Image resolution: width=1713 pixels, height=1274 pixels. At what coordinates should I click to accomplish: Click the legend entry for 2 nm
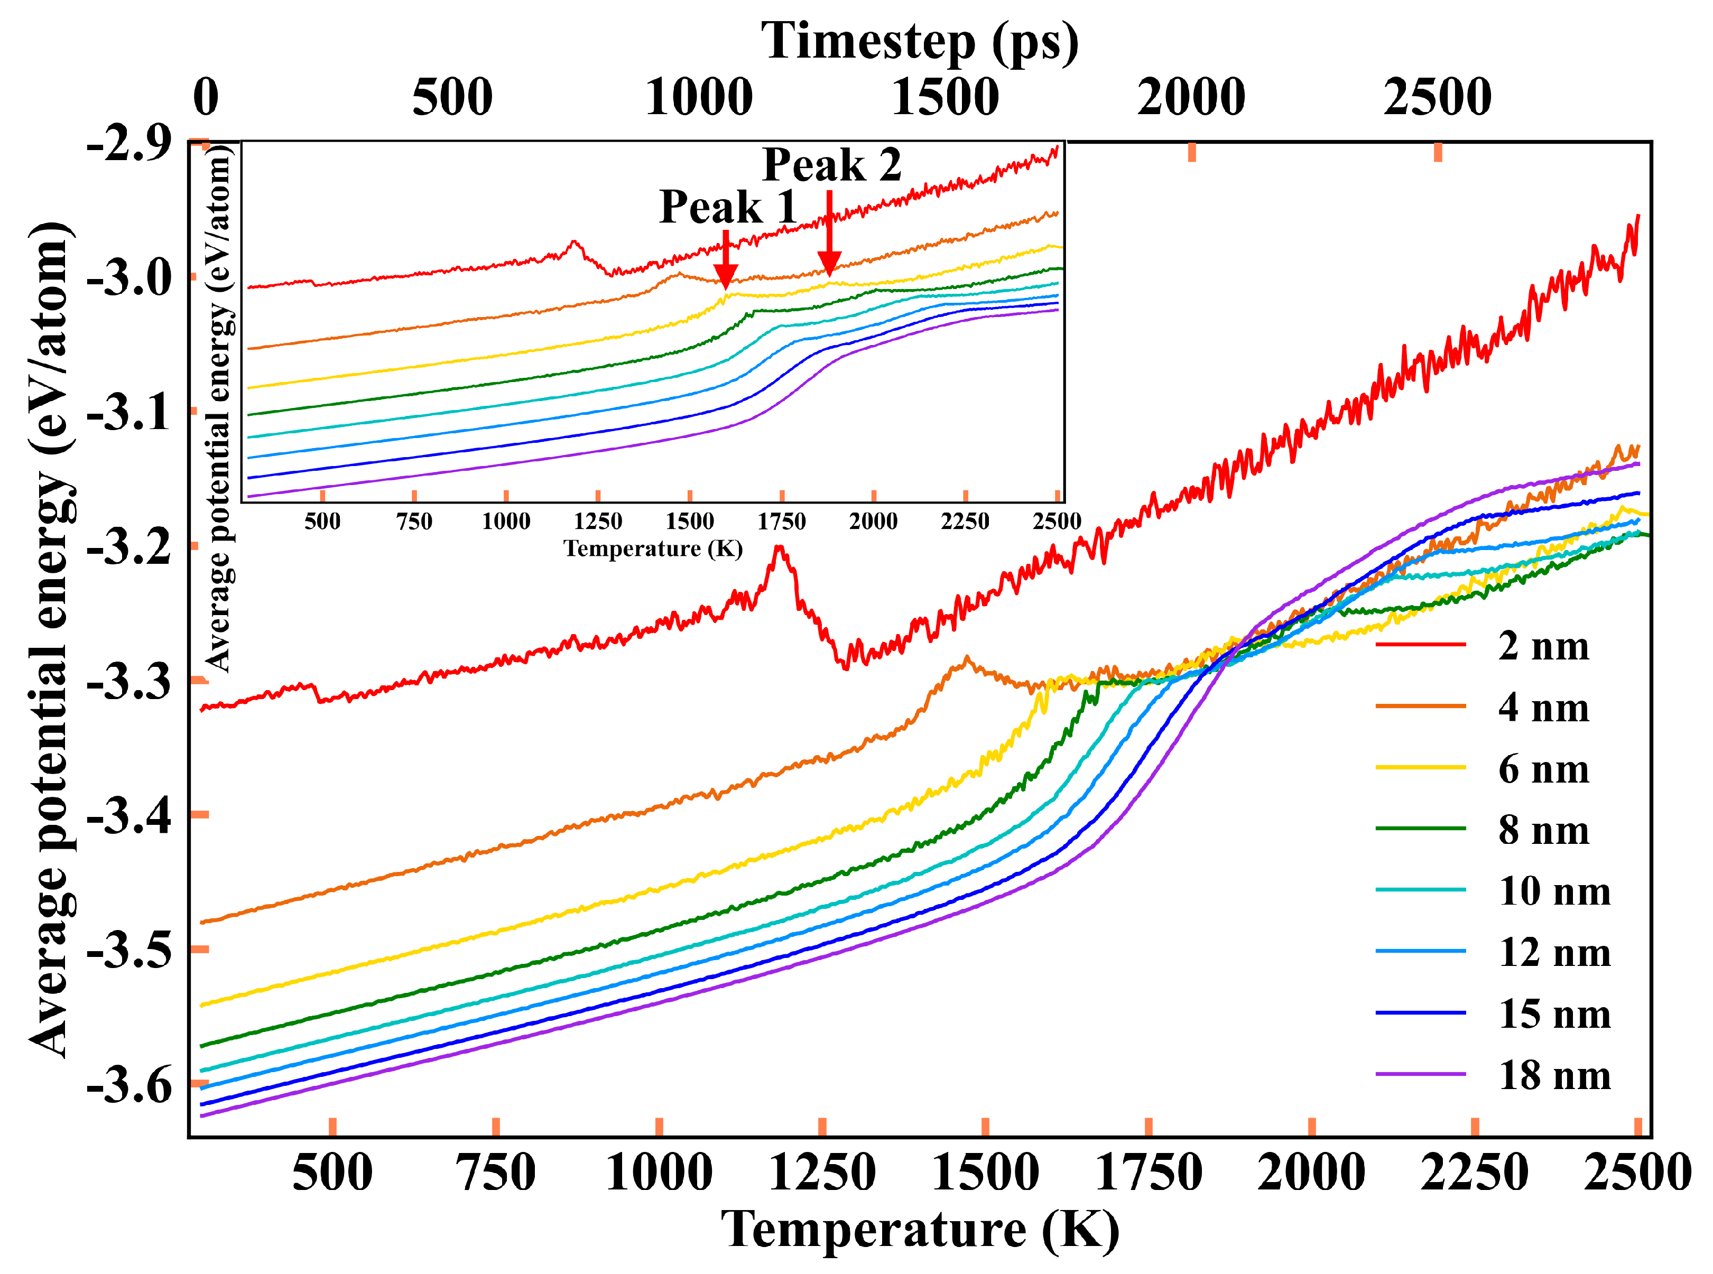pyautogui.click(x=1543, y=646)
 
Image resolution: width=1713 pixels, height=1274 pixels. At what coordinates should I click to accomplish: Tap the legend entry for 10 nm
pyautogui.click(x=1554, y=891)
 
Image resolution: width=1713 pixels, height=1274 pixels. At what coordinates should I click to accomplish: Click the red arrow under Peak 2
pyautogui.click(x=829, y=235)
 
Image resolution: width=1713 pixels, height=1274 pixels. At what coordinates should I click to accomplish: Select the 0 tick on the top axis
pyautogui.click(x=205, y=98)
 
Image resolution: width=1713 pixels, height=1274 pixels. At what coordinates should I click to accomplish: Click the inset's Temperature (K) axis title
pyautogui.click(x=653, y=548)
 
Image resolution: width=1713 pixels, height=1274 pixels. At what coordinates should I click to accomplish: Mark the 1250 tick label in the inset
pyautogui.click(x=598, y=522)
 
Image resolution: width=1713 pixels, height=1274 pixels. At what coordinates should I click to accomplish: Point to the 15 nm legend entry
pyautogui.click(x=1554, y=1014)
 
